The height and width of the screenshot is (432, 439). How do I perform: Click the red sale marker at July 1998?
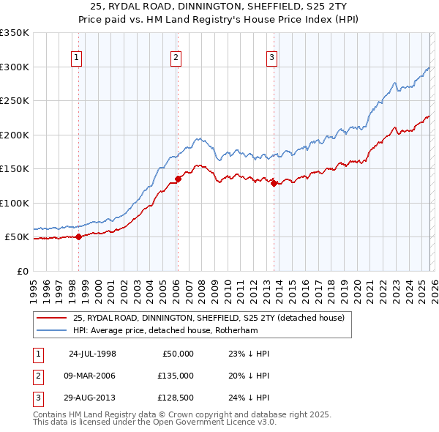click(x=78, y=237)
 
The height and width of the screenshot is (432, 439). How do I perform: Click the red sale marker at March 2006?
click(x=178, y=179)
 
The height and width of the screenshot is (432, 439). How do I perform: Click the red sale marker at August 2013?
click(x=274, y=183)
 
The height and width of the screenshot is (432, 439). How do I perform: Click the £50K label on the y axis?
click(x=17, y=237)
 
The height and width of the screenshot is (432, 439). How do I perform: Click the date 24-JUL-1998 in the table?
click(x=92, y=353)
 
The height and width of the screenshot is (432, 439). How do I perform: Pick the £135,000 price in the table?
click(x=175, y=376)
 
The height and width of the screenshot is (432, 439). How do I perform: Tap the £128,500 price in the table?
click(x=175, y=398)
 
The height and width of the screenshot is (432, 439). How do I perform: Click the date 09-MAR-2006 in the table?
click(x=91, y=376)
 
